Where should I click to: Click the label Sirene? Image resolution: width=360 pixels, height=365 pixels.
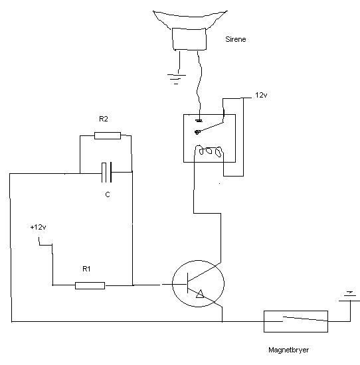pos(236,39)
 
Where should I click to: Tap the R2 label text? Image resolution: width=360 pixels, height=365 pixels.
pos(104,119)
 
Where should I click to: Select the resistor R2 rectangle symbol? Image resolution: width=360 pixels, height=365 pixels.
pos(108,135)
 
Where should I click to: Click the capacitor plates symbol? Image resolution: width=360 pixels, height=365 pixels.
pos(106,173)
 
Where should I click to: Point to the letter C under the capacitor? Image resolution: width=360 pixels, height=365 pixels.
pos(108,194)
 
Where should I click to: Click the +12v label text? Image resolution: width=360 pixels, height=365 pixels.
pos(39,227)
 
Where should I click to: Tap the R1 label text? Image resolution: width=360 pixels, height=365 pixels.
pos(86,269)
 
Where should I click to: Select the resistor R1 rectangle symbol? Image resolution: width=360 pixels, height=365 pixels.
pos(90,285)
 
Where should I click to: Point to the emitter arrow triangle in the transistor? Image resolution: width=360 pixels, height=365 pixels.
pos(200,294)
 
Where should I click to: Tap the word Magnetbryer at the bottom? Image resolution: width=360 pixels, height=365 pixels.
pos(288,350)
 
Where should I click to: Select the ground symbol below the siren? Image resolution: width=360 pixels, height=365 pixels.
pos(177,79)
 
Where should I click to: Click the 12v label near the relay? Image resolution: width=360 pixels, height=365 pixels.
pos(261,95)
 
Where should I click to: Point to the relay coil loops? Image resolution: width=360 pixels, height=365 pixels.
pos(209,151)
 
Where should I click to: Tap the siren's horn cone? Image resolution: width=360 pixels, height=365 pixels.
pos(190,17)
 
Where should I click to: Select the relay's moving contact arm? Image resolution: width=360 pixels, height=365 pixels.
pos(210,127)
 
